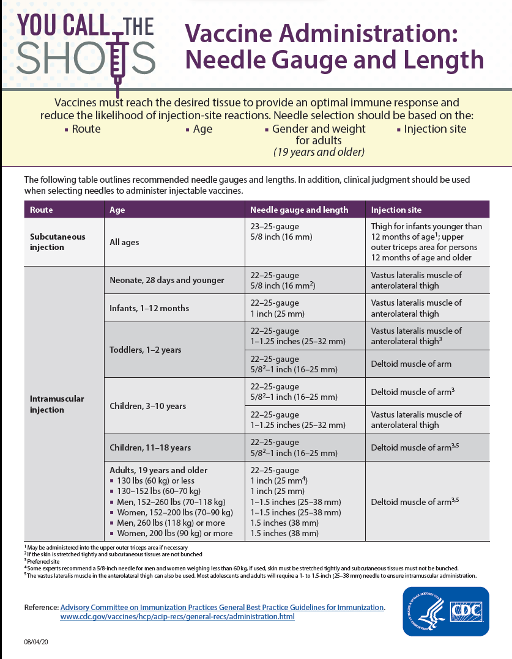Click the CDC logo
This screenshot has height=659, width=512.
click(445, 611)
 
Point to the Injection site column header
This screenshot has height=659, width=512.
click(396, 210)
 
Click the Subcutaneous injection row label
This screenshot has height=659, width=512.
click(58, 242)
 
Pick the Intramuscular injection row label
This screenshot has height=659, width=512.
click(57, 404)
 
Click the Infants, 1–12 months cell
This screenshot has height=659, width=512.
click(149, 308)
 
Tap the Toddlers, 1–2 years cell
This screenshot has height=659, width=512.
click(146, 350)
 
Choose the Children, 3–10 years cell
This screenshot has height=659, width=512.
click(147, 406)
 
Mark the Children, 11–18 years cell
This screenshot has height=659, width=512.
click(150, 447)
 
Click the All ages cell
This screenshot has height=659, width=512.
click(124, 242)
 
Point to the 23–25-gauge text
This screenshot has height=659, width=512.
click(275, 226)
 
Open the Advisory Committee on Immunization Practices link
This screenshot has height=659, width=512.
click(222, 607)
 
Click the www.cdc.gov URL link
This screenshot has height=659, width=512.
click(177, 617)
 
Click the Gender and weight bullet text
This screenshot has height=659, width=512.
click(319, 129)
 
